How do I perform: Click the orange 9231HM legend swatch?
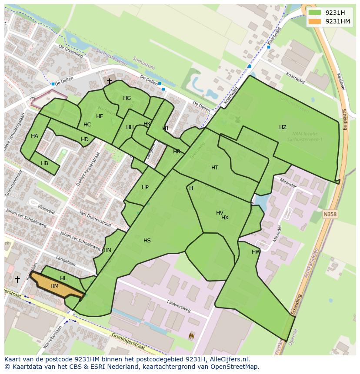315,21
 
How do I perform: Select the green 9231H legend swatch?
315,13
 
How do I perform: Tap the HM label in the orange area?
54,286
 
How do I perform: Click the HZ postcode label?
283,127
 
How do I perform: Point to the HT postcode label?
215,168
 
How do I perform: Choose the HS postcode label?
147,241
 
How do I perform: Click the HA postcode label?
34,136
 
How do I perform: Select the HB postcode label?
44,163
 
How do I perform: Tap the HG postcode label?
127,98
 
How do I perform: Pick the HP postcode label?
145,187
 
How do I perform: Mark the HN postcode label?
107,250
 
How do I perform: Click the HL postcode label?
63,278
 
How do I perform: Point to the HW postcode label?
256,252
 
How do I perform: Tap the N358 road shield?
330,214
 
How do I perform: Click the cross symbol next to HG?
109,81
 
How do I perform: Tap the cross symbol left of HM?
17,279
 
